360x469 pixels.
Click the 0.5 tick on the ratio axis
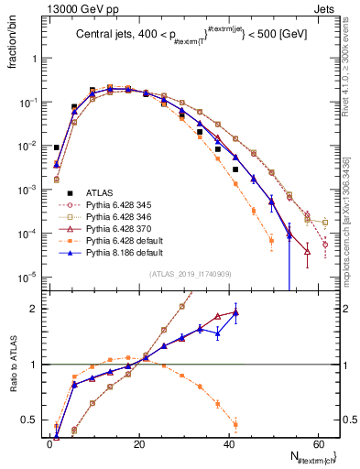pyautogui.click(x=34, y=420)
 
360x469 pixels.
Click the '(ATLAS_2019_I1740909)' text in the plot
pyautogui.click(x=189, y=275)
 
